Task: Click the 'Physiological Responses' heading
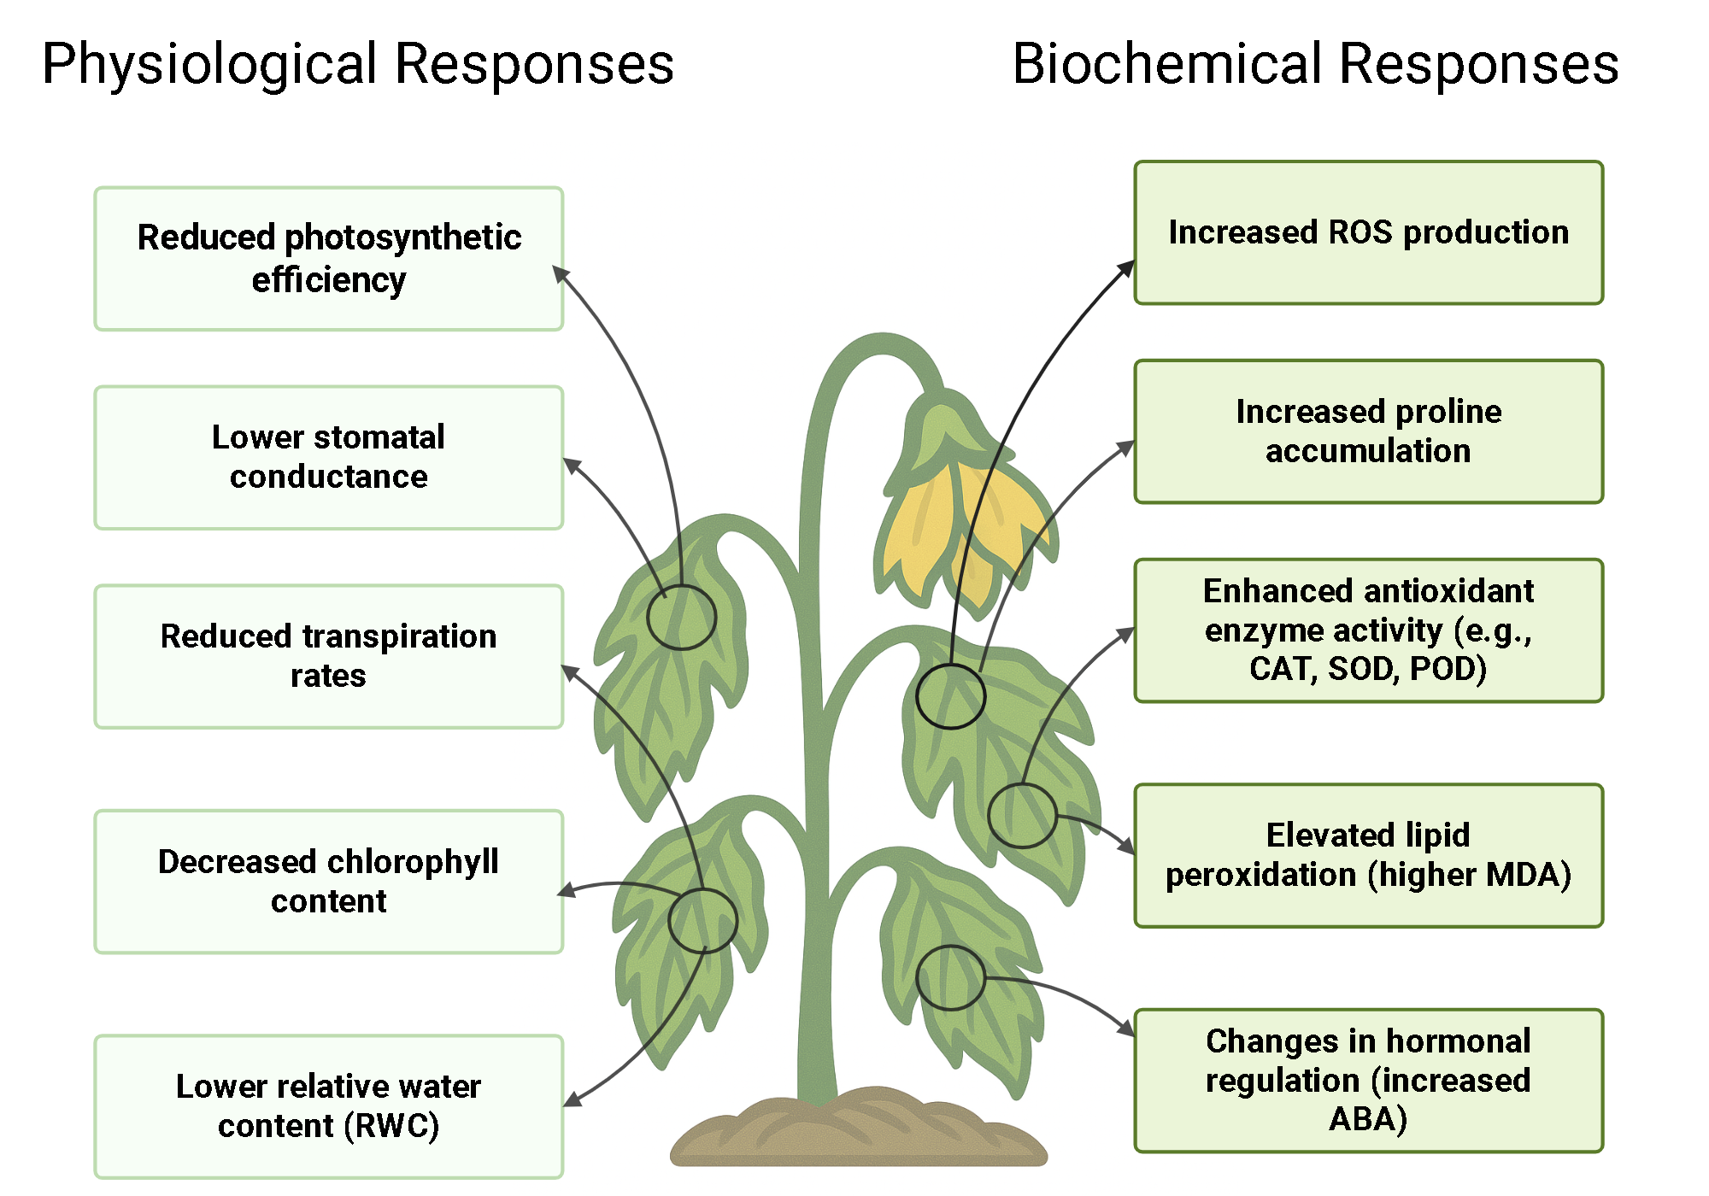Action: pyautogui.click(x=358, y=64)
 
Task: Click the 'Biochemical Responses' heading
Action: pyautogui.click(x=1315, y=64)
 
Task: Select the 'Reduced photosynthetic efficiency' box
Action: pyautogui.click(x=329, y=258)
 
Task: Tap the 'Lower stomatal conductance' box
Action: pyautogui.click(x=329, y=457)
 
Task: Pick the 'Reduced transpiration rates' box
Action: pyautogui.click(x=329, y=656)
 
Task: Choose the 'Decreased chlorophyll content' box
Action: pyautogui.click(x=329, y=881)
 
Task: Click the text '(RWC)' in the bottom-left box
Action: pyautogui.click(x=392, y=1126)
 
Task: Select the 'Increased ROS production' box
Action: pyautogui.click(x=1368, y=232)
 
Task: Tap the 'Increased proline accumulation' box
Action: pyautogui.click(x=1368, y=431)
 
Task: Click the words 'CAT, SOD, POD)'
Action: pyautogui.click(x=1368, y=669)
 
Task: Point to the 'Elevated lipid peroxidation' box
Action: pyautogui.click(x=1368, y=855)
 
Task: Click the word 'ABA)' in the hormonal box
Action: pyautogui.click(x=1368, y=1119)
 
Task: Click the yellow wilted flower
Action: pyautogui.click(x=957, y=521)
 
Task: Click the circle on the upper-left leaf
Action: pyautogui.click(x=681, y=617)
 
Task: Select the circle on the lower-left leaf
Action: pyautogui.click(x=702, y=921)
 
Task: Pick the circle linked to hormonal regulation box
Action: pyautogui.click(x=950, y=977)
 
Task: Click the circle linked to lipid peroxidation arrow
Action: pyautogui.click(x=1022, y=816)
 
